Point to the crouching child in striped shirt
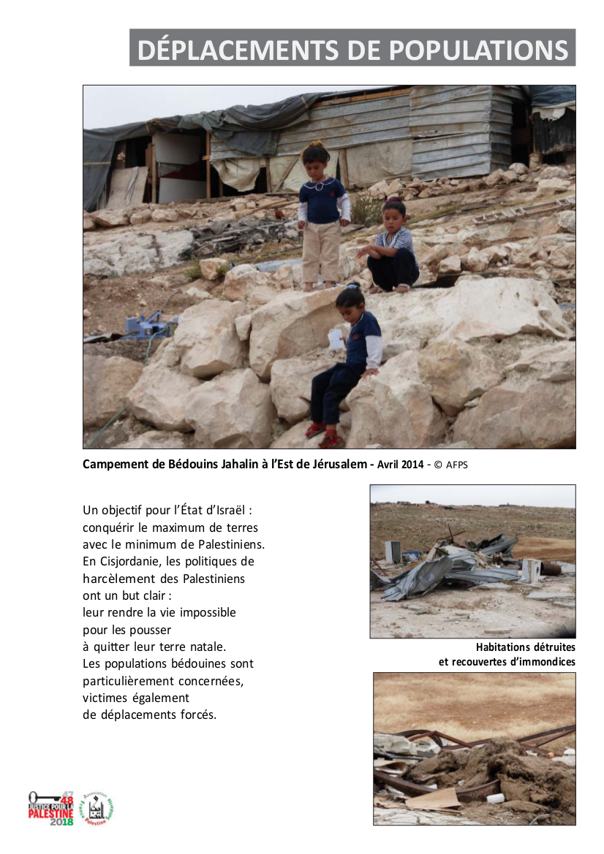[x=393, y=248]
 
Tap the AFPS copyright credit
[x=454, y=465]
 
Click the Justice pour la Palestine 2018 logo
[x=50, y=808]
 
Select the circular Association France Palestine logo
[x=97, y=809]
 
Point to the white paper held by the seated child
[x=336, y=338]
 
